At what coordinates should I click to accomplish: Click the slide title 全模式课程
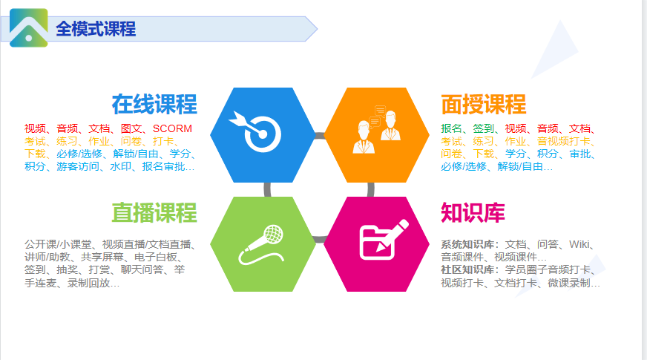click(x=96, y=29)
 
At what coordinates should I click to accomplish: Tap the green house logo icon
click(x=28, y=27)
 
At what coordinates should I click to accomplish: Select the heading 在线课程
click(x=154, y=104)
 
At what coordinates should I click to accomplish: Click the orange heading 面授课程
click(x=484, y=104)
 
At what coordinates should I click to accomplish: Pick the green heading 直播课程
click(x=154, y=212)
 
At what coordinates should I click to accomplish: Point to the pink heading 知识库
click(x=473, y=212)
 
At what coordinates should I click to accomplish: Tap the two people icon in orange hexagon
click(x=377, y=129)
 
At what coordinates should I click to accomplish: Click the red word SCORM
click(x=172, y=128)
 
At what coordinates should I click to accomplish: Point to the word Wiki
click(x=579, y=244)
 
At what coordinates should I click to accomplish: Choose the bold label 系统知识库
click(x=467, y=244)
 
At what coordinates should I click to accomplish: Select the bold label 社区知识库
click(x=467, y=269)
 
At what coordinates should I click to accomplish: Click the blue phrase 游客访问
click(x=78, y=166)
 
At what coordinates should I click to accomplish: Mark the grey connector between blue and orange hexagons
click(x=320, y=135)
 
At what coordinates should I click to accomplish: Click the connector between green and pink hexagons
click(x=320, y=239)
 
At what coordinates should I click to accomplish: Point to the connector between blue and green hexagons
click(x=267, y=189)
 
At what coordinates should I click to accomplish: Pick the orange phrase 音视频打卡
click(x=564, y=141)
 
